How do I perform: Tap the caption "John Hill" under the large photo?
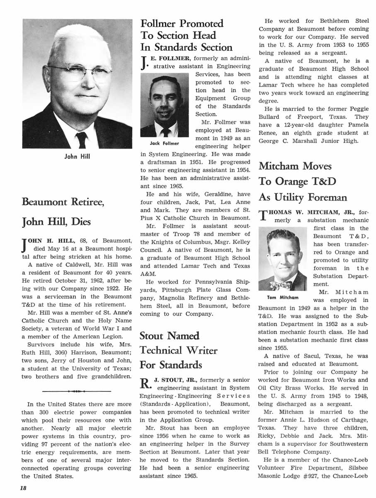pos(77,156)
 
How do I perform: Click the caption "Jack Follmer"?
pos(165,144)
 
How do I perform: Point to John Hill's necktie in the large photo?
pos(81,139)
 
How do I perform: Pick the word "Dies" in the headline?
pos(81,222)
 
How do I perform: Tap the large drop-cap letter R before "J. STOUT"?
pos(145,383)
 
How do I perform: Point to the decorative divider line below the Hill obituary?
pos(77,391)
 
